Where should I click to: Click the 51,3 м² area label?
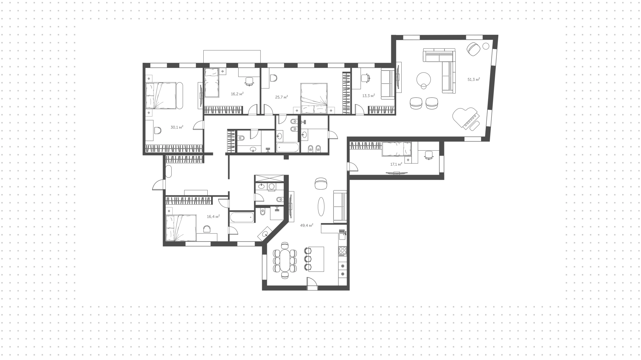pyautogui.click(x=474, y=79)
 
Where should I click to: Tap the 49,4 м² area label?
pyautogui.click(x=306, y=225)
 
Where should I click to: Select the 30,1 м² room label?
pyautogui.click(x=177, y=127)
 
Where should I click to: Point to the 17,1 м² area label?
pyautogui.click(x=396, y=164)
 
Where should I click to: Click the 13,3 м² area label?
pyautogui.click(x=369, y=96)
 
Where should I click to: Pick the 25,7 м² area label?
pyautogui.click(x=281, y=97)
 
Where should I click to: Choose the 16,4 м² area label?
pyautogui.click(x=213, y=216)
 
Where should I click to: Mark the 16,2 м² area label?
pyautogui.click(x=237, y=94)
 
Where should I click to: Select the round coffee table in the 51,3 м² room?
pyautogui.click(x=424, y=79)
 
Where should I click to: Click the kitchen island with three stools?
pyautogui.click(x=316, y=259)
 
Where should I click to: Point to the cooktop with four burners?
pyautogui.click(x=343, y=250)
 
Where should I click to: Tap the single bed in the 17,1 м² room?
pyautogui.click(x=397, y=149)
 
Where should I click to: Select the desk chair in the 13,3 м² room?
pyautogui.click(x=366, y=78)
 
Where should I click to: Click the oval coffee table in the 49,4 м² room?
pyautogui.click(x=321, y=207)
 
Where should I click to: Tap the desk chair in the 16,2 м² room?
pyautogui.click(x=249, y=81)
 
